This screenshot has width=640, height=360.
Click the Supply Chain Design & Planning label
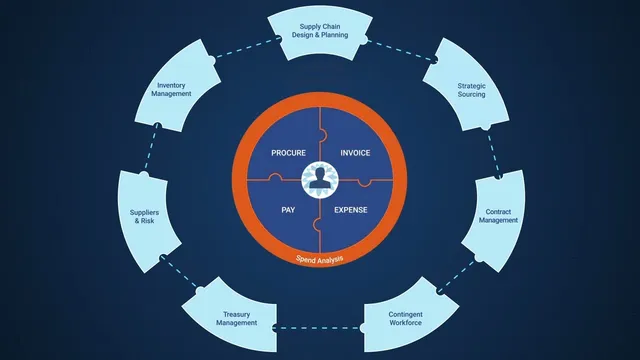click(320, 31)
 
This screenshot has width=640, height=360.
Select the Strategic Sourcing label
click(471, 90)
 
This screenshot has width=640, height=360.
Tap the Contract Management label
click(498, 216)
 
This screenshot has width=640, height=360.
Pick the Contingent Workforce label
click(405, 318)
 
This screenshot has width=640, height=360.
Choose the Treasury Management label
click(237, 318)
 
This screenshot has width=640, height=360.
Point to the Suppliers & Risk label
click(144, 216)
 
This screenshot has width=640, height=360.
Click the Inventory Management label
click(171, 89)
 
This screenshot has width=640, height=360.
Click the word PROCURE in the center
click(289, 153)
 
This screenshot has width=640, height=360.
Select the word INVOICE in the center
click(356, 153)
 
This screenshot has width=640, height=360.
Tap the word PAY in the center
click(288, 210)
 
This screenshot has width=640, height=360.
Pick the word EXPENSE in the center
click(351, 210)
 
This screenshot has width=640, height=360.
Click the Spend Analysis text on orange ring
click(320, 259)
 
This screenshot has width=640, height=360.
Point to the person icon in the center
click(320, 179)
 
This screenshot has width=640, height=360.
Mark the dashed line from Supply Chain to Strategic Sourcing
click(400, 50)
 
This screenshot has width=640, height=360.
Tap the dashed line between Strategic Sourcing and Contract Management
click(493, 153)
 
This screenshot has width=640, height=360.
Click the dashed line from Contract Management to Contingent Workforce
click(458, 276)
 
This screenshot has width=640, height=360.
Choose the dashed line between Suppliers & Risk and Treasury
click(180, 273)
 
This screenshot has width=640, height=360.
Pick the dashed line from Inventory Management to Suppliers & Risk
click(151, 148)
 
